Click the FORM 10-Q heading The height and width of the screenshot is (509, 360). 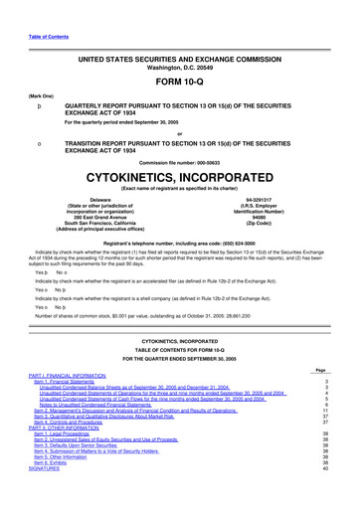(x=179, y=83)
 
